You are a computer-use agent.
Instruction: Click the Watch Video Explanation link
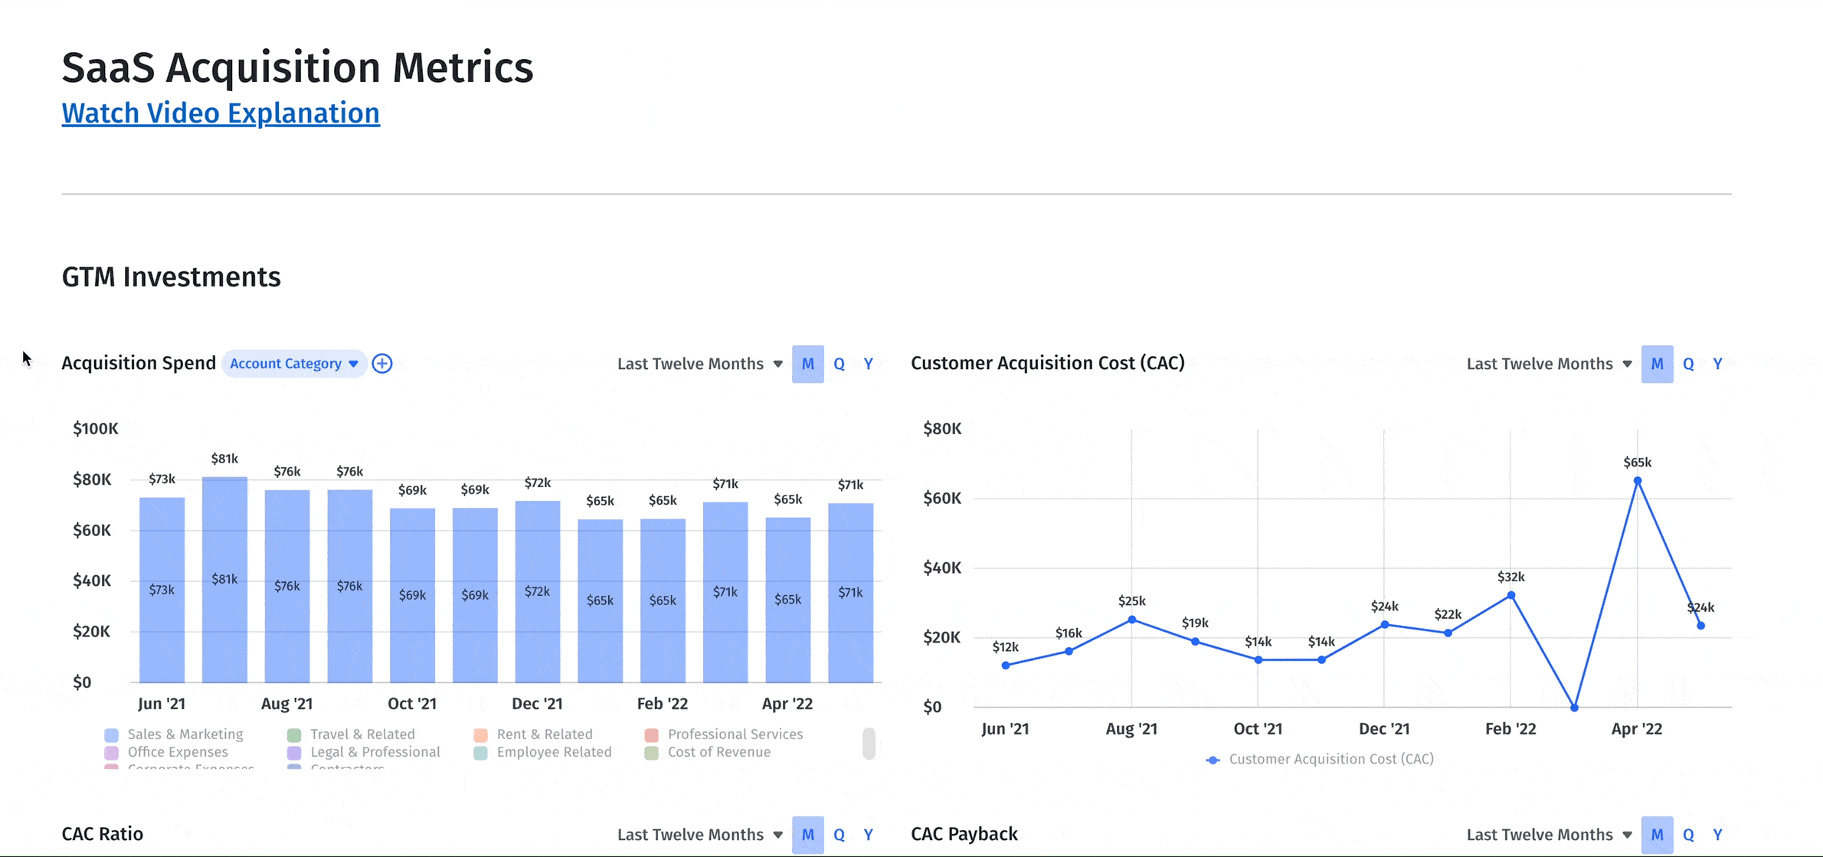point(221,113)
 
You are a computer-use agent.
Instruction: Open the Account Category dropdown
point(294,364)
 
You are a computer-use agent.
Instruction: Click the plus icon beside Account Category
point(382,364)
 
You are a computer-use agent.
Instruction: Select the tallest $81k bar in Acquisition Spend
point(224,579)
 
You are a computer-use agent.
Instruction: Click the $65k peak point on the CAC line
point(1637,481)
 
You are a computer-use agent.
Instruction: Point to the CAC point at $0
point(1574,708)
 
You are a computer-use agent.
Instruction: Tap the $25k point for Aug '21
point(1131,620)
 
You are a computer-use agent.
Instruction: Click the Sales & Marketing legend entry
point(185,734)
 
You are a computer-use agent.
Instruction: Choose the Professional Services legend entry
point(735,734)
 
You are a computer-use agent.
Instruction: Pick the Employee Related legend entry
point(554,752)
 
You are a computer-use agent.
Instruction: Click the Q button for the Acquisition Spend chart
point(839,364)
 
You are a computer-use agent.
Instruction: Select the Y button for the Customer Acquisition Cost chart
point(1717,364)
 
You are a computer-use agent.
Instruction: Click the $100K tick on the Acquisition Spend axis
point(95,429)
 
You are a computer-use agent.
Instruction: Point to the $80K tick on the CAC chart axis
point(942,429)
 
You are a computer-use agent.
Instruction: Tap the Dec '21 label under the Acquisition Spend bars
point(537,704)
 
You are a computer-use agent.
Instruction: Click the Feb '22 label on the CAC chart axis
point(1510,729)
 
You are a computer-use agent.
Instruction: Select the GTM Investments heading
point(171,277)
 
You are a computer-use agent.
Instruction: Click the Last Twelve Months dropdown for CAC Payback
point(1548,835)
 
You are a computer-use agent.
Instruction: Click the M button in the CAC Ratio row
point(807,835)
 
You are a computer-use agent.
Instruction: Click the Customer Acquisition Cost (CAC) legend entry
point(1330,759)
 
